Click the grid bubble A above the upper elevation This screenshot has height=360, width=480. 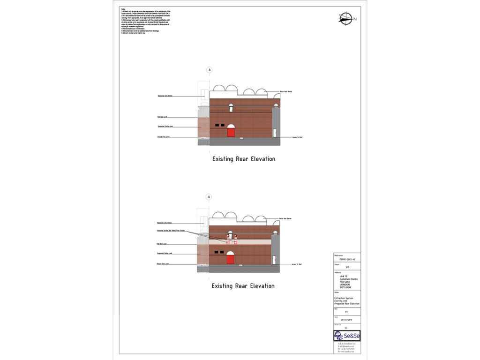click(x=210, y=70)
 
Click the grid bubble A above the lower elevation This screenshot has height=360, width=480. click(x=209, y=197)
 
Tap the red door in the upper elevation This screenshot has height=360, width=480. click(x=231, y=132)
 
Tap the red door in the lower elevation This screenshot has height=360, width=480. click(x=230, y=259)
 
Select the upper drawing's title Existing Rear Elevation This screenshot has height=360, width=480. click(x=243, y=159)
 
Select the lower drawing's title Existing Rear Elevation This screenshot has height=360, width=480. click(x=243, y=286)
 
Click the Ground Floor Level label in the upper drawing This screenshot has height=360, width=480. click(x=164, y=137)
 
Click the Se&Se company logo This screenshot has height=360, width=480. click(x=347, y=336)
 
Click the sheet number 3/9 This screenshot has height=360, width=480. click(x=347, y=267)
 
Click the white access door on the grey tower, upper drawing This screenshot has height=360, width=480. click(x=275, y=133)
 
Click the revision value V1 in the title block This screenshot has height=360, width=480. click(x=346, y=311)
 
